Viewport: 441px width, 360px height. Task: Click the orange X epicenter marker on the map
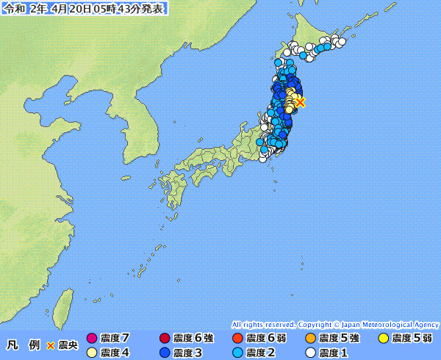(x=300, y=103)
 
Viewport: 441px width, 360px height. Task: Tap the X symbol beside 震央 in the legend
(x=51, y=345)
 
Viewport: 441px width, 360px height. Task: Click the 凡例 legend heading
(x=24, y=345)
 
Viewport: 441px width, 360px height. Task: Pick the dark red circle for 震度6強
(x=164, y=339)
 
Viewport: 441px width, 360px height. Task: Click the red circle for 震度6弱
(x=237, y=339)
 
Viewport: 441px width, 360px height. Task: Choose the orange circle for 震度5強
(x=309, y=339)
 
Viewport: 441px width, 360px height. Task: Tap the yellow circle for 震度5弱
(x=383, y=339)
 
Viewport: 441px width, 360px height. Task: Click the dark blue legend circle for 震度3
(x=164, y=353)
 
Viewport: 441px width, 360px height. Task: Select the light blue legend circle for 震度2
(x=237, y=353)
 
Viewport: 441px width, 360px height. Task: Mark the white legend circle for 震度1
(x=309, y=353)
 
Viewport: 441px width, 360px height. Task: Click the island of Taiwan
(x=65, y=304)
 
